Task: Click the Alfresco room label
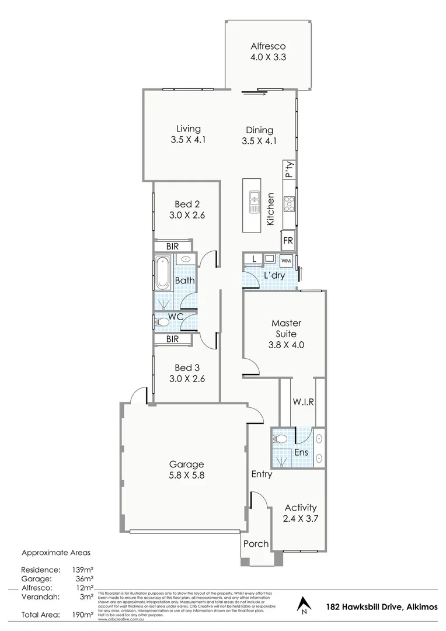pos(267,47)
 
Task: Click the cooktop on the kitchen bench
pos(289,203)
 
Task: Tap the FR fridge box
pos(288,240)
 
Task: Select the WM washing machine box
pos(286,260)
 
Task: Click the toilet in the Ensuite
pos(280,438)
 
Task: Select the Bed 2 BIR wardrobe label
pos(172,247)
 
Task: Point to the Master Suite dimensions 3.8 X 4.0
pos(285,345)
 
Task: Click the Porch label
pos(256,543)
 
